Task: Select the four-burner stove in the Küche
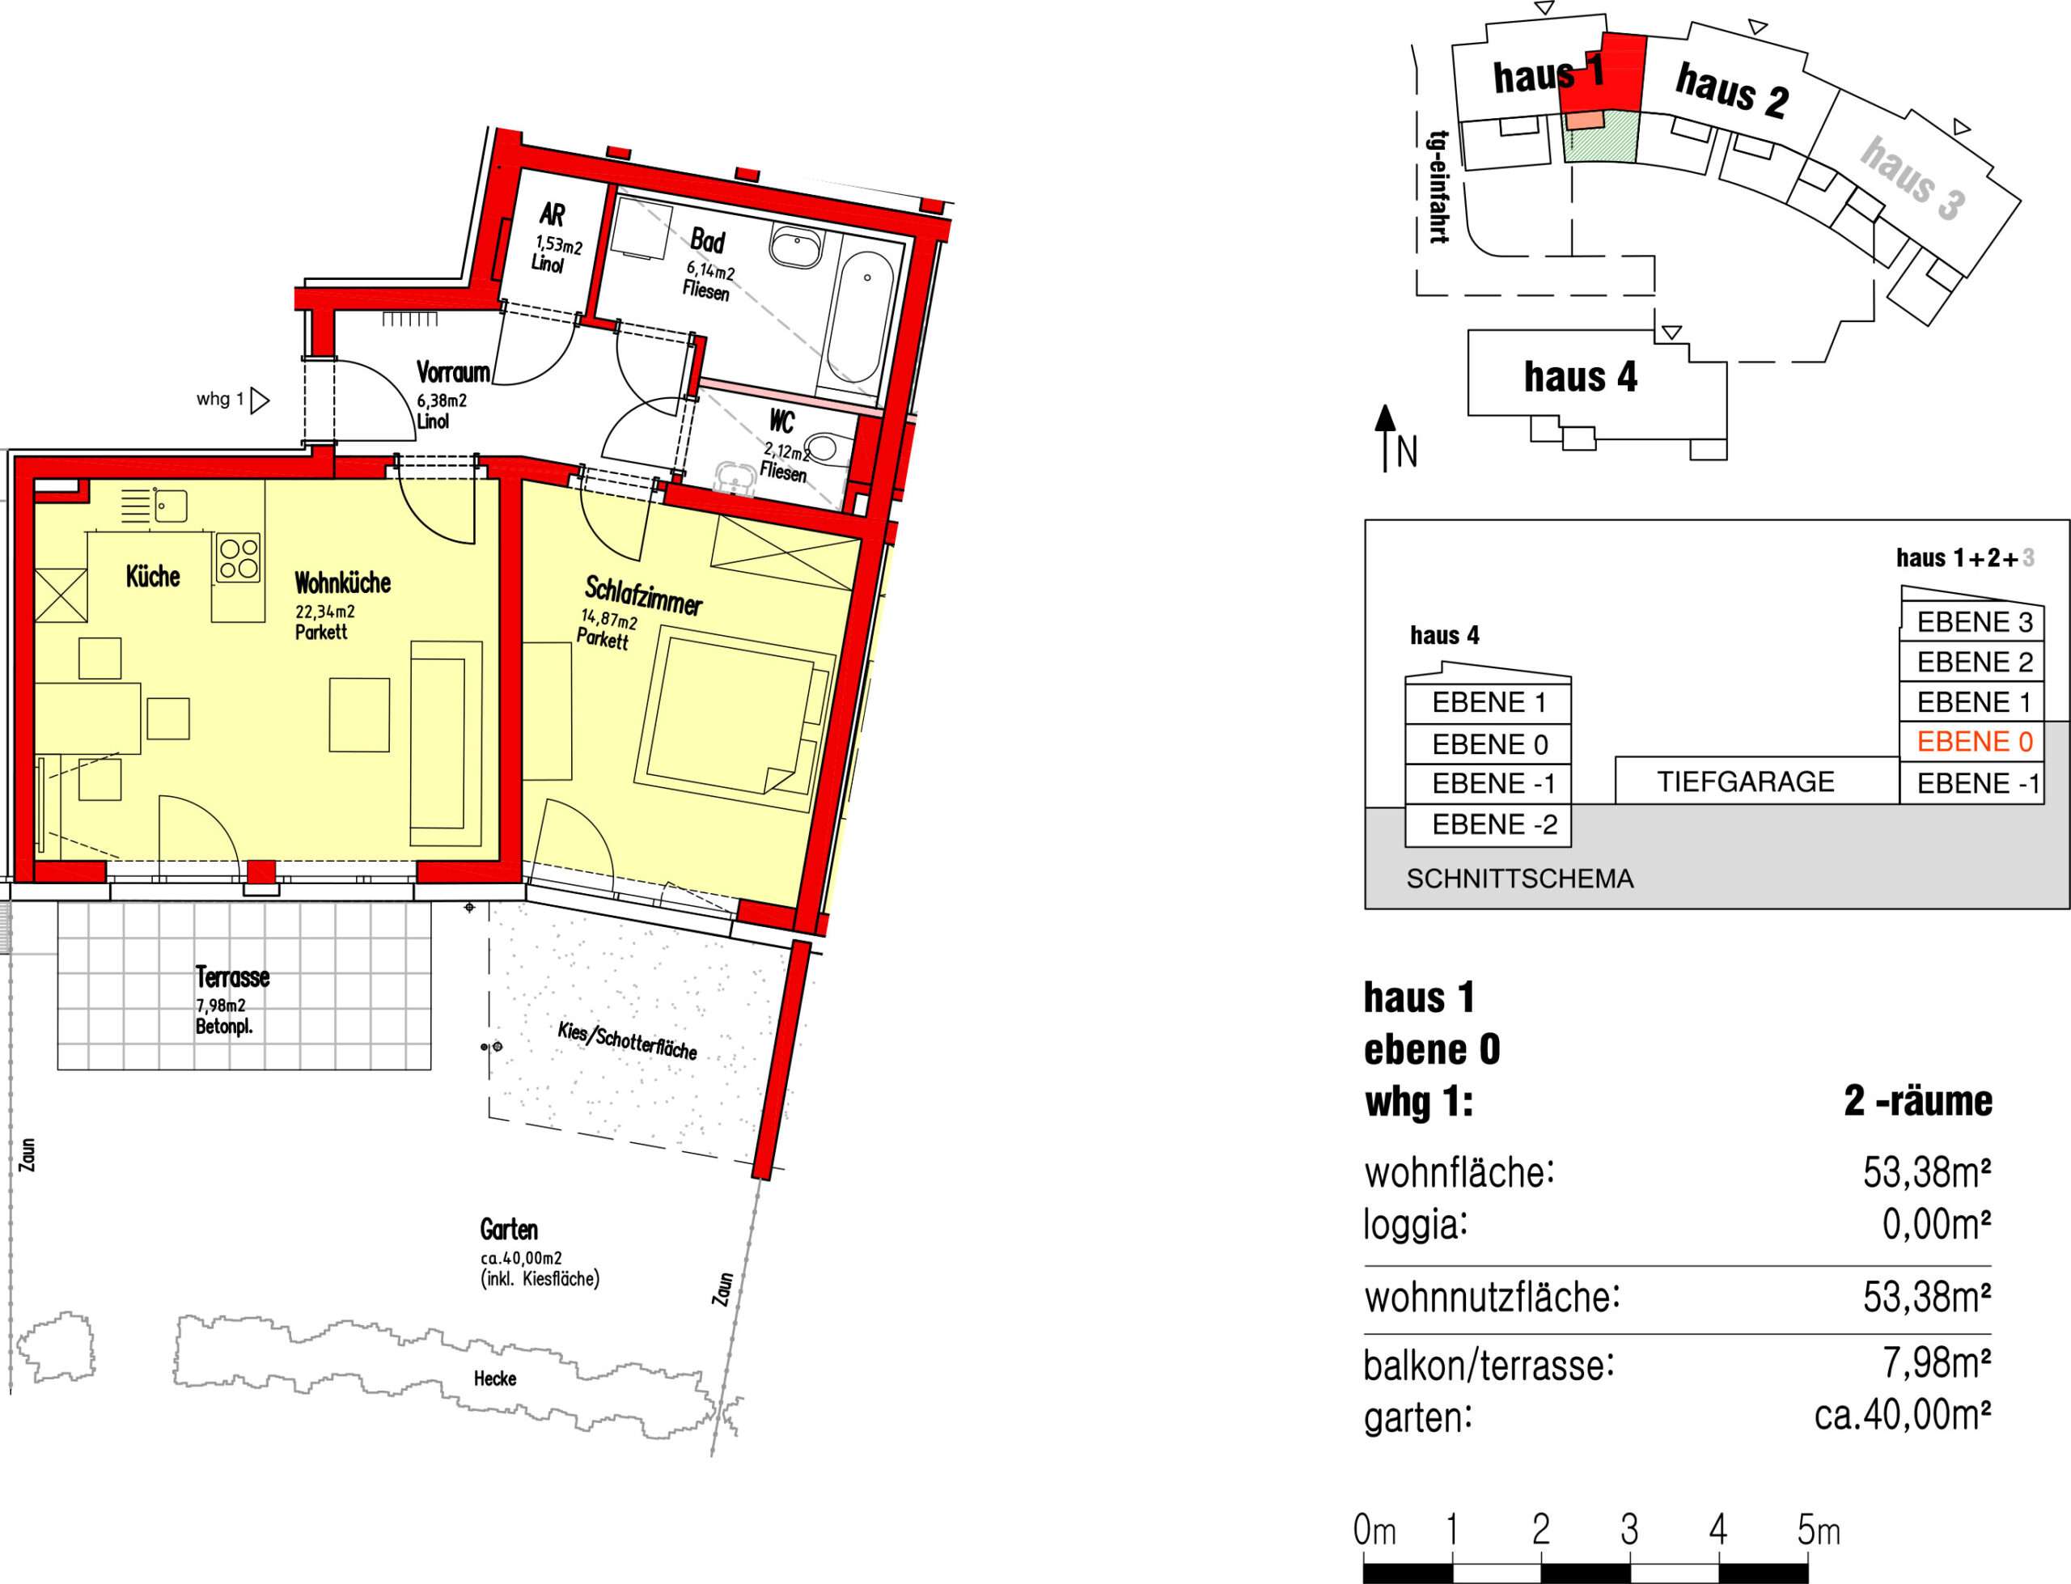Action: (239, 557)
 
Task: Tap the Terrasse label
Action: (232, 976)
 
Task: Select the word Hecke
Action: (495, 1379)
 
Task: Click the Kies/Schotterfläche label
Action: (627, 1039)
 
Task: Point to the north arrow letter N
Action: (1407, 454)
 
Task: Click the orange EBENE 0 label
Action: (1974, 742)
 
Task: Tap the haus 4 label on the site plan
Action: (1581, 376)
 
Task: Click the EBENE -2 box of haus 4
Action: (1489, 825)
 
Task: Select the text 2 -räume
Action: (1917, 1100)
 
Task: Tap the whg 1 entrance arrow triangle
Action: (260, 400)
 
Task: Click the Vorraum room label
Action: (452, 371)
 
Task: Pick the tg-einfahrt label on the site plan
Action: (1438, 187)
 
